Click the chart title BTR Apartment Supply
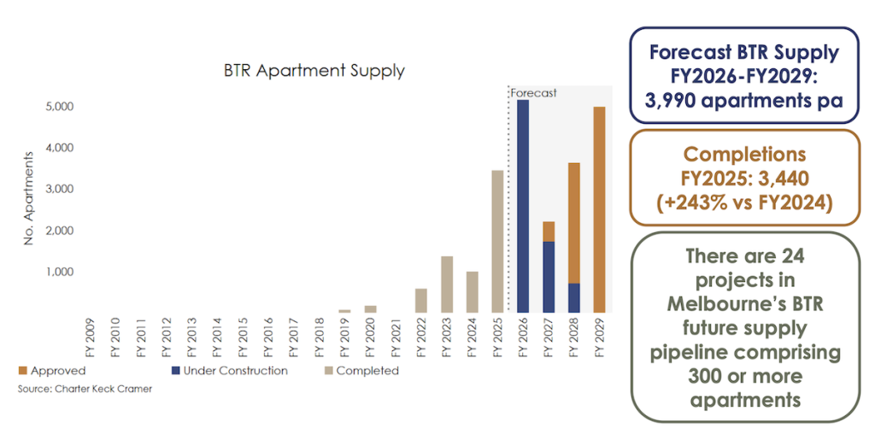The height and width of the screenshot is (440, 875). [x=314, y=71]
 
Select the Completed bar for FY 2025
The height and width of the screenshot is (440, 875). [x=497, y=242]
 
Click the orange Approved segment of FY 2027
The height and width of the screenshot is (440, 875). [x=549, y=232]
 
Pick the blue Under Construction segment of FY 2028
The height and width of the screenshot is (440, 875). [x=574, y=298]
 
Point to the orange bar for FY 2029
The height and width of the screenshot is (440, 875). [x=600, y=210]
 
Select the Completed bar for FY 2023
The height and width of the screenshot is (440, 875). [x=447, y=285]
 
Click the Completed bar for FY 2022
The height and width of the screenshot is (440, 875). [x=421, y=301]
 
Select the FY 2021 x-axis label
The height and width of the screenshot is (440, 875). [x=396, y=338]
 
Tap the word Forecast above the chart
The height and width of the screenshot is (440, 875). [x=533, y=92]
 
